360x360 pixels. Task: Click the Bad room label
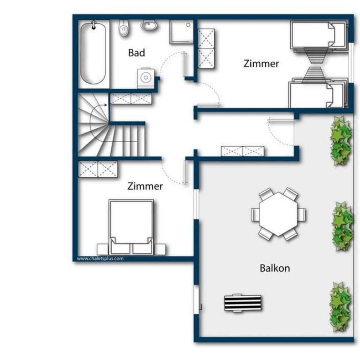tap(136, 53)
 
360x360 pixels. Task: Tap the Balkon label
tap(275, 268)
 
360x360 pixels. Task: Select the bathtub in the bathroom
tap(93, 54)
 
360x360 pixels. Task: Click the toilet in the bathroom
tap(124, 28)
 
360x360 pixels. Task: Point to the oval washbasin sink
tap(149, 25)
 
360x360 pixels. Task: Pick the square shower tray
tap(181, 32)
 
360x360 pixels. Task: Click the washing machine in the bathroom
tap(146, 78)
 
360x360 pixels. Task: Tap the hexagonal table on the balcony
tap(278, 214)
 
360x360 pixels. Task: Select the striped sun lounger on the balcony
tap(243, 303)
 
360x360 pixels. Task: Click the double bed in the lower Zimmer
tap(131, 227)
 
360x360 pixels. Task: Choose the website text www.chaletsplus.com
tap(100, 259)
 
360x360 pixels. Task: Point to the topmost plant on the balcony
tap(341, 141)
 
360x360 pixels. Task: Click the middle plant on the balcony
tap(342, 226)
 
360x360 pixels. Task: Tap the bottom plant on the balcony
tap(340, 307)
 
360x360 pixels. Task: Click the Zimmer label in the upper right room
tap(261, 64)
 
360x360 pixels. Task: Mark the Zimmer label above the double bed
tap(145, 186)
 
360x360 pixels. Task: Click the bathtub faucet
tap(94, 25)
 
